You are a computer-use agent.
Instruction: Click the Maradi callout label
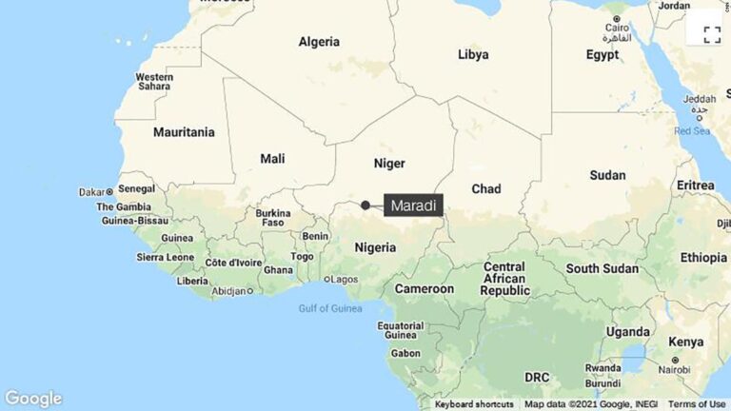(x=413, y=205)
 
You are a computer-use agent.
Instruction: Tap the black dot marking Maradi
(x=365, y=205)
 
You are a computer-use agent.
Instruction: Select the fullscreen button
(x=711, y=35)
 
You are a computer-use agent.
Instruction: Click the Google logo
(x=33, y=399)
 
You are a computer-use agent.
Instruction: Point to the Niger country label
(x=389, y=163)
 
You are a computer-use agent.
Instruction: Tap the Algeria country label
(x=319, y=42)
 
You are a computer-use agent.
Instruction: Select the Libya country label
(x=473, y=54)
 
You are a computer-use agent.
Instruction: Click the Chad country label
(x=485, y=189)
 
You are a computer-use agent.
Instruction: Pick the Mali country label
(x=272, y=158)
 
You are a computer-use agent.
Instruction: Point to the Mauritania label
(x=184, y=132)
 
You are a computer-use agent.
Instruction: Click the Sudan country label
(x=607, y=175)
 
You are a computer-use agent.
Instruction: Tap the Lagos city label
(x=343, y=279)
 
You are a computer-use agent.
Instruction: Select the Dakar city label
(x=92, y=191)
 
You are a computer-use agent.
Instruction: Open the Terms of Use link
(x=697, y=403)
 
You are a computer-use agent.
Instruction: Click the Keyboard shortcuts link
(x=474, y=403)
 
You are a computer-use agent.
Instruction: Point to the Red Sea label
(x=692, y=130)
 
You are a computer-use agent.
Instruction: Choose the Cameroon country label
(x=425, y=288)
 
